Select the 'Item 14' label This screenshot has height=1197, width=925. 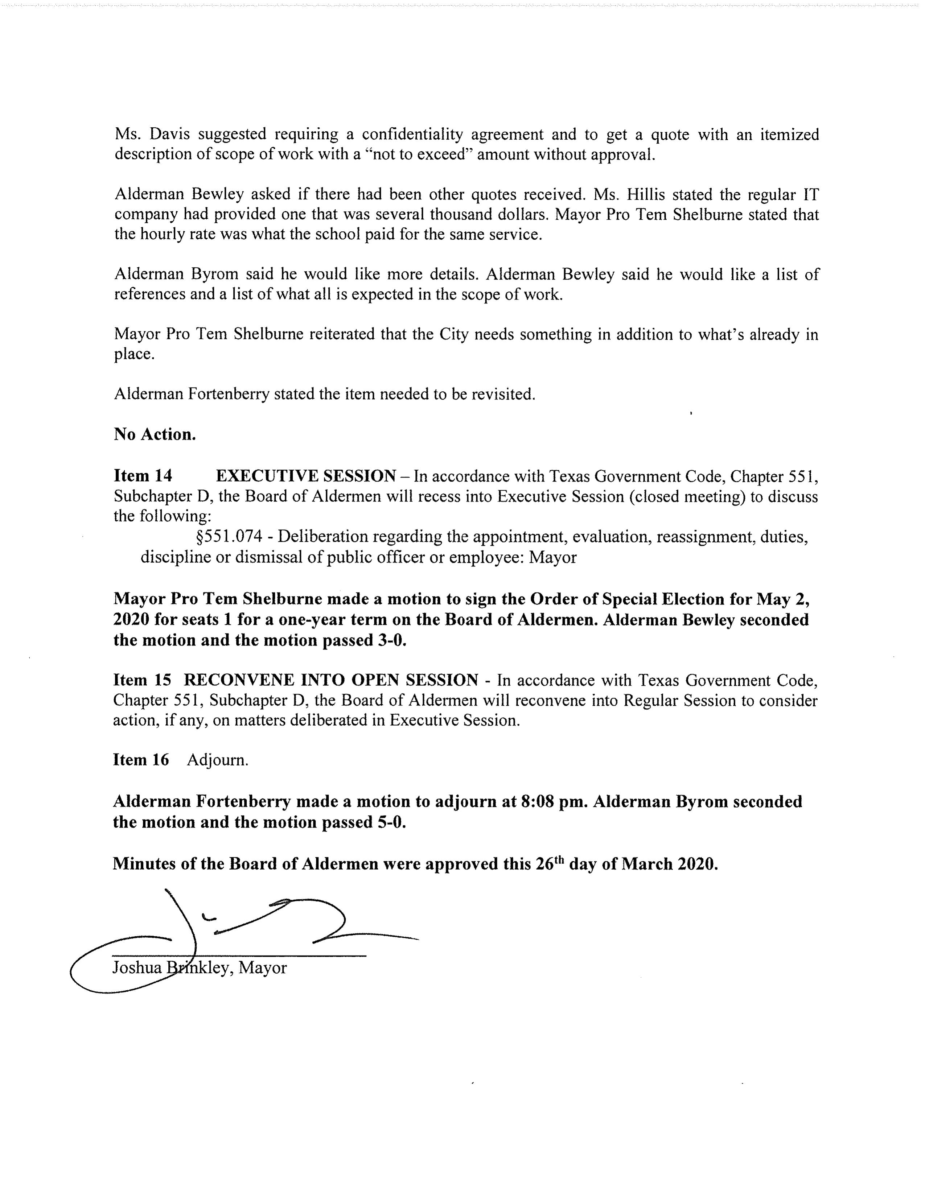[x=143, y=476]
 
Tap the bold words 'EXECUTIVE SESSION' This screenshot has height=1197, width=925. [x=306, y=476]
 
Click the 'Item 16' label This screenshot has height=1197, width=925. [x=141, y=760]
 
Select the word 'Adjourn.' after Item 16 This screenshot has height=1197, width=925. [x=217, y=760]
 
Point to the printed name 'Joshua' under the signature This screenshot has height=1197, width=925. [x=136, y=967]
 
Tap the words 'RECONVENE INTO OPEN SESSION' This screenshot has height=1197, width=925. [x=330, y=680]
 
